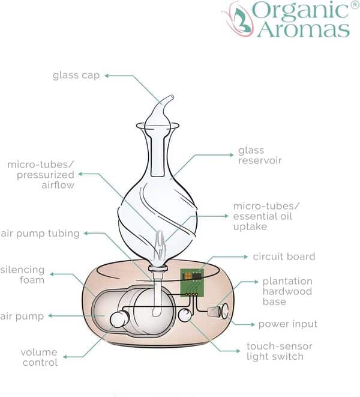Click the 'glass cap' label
[x=76, y=76]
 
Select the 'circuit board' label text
[x=284, y=256]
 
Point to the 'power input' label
[x=287, y=324]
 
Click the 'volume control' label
[x=40, y=357]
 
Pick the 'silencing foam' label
[x=22, y=274]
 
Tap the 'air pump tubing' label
[x=41, y=233]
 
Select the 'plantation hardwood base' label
[x=287, y=291]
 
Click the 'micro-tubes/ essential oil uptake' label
[x=266, y=216]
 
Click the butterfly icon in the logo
[x=238, y=19]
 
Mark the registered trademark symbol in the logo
[x=355, y=5]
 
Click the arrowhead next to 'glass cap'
[x=107, y=76]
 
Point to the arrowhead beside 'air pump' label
[x=50, y=315]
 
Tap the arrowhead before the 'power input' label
[x=253, y=324]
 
